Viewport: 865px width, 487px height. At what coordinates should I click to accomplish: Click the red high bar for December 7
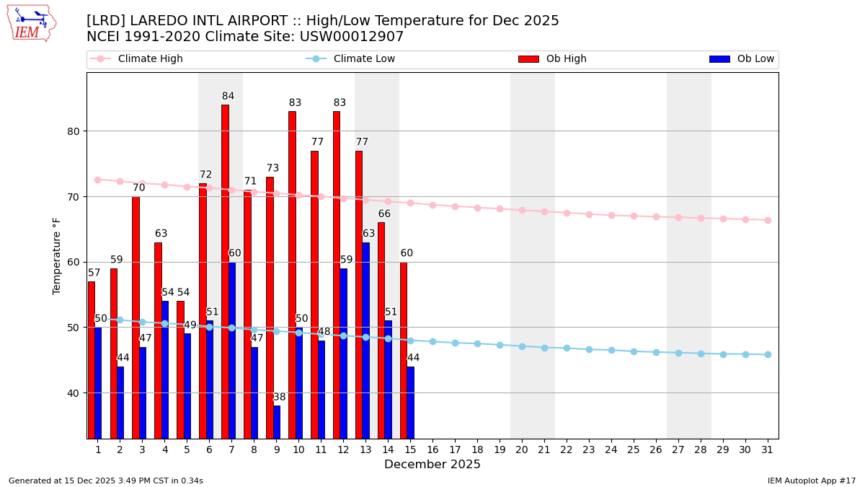click(x=225, y=271)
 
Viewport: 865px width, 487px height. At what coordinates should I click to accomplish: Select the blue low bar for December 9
click(x=277, y=422)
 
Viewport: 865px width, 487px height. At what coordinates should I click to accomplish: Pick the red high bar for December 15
click(x=404, y=350)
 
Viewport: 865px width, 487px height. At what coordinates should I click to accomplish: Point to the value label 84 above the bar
click(x=228, y=97)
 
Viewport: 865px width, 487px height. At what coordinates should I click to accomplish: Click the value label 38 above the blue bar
click(x=279, y=398)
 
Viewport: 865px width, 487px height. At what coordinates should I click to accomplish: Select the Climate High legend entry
click(x=150, y=59)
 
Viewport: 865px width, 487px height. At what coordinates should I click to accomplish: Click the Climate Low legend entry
click(x=364, y=59)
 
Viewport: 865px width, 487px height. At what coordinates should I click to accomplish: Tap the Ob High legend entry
click(x=566, y=59)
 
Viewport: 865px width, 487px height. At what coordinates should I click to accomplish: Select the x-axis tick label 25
click(x=634, y=449)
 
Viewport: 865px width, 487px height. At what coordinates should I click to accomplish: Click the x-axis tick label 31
click(x=768, y=449)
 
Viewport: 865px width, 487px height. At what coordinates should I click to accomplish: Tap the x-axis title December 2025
click(x=432, y=465)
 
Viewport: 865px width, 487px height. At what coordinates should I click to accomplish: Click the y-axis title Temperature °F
click(x=57, y=255)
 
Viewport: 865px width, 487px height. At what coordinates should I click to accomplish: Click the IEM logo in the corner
click(x=31, y=23)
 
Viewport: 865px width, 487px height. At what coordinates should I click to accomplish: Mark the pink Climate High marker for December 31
click(x=768, y=220)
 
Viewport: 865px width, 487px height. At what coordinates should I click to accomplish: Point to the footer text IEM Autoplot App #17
click(x=812, y=481)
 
